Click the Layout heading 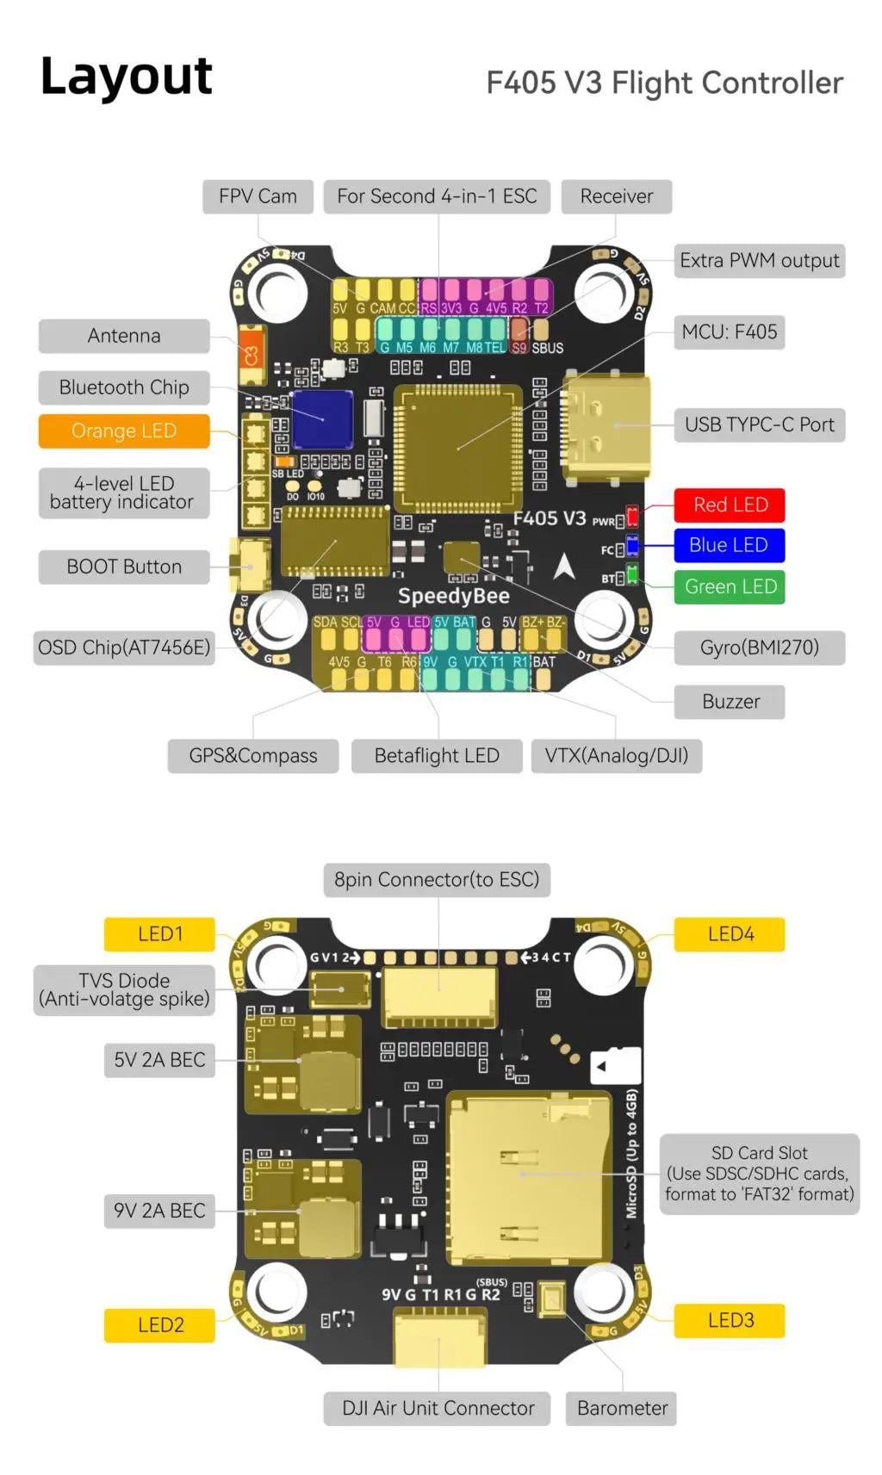[x=127, y=77]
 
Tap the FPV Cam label [x=258, y=196]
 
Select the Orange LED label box [x=124, y=431]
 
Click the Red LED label [x=730, y=505]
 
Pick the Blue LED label [x=728, y=545]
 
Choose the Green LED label [x=730, y=586]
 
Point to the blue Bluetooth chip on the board [x=322, y=420]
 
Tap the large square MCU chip [x=457, y=448]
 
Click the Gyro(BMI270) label [x=759, y=648]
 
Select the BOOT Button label [x=124, y=567]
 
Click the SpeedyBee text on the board [x=453, y=596]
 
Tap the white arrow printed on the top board [x=564, y=566]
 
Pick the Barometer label [x=622, y=1408]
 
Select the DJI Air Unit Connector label [x=438, y=1408]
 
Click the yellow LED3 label [x=730, y=1320]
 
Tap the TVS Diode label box [x=124, y=989]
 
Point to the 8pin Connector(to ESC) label [x=437, y=879]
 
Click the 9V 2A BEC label [x=159, y=1210]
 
